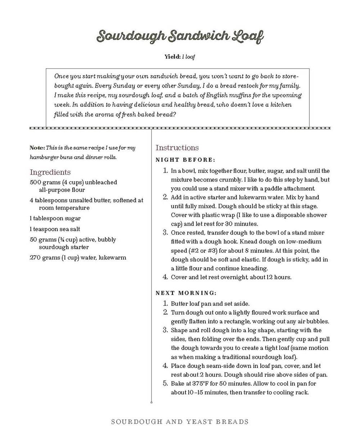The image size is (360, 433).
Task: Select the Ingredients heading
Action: (50, 172)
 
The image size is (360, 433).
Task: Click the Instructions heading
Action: (177, 148)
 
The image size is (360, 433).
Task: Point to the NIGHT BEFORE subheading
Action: (185, 160)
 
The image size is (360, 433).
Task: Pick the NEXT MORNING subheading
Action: (186, 293)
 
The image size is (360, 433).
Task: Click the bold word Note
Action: (37, 148)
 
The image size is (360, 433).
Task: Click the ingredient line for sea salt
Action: (55, 229)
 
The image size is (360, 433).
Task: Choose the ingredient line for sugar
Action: (55, 218)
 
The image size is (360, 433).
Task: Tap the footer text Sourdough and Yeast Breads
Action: (180, 421)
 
